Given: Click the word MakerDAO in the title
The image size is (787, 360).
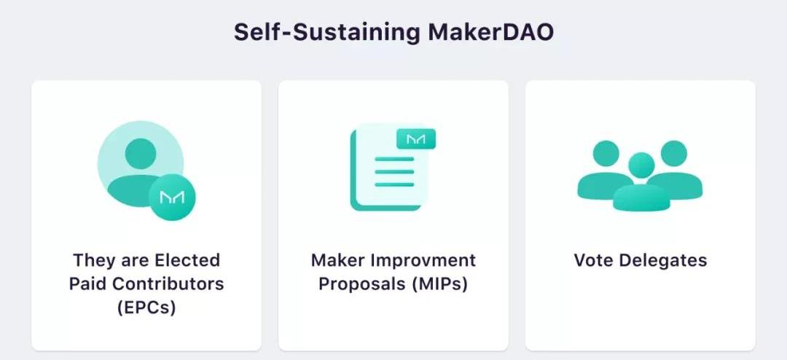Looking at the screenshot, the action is [x=491, y=32].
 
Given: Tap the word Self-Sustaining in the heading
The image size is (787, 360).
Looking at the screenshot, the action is [x=327, y=32].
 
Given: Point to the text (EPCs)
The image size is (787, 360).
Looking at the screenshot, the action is [x=146, y=308].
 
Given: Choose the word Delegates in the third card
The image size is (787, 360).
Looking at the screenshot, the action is [x=663, y=261].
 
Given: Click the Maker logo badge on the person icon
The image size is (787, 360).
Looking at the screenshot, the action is [x=172, y=197].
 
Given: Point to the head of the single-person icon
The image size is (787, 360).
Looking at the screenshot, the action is [x=141, y=154].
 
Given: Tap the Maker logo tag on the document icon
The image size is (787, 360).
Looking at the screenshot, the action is [x=416, y=139].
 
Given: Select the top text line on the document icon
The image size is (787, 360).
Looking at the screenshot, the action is [x=394, y=159].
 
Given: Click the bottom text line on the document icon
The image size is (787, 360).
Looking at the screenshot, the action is [x=394, y=184].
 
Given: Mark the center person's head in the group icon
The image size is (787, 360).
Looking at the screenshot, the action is [x=641, y=165].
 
